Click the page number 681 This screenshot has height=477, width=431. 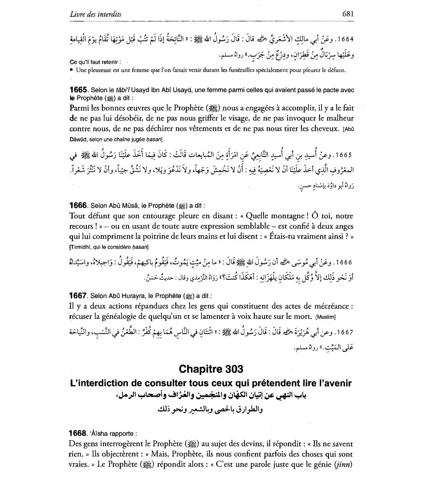pyautogui.click(x=348, y=14)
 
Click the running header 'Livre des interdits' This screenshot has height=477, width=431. pyautogui.click(x=96, y=14)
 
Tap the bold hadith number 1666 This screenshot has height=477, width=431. pyautogui.click(x=78, y=206)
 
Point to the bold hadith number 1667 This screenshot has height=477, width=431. pyautogui.click(x=78, y=296)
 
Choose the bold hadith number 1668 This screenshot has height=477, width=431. pyautogui.click(x=78, y=433)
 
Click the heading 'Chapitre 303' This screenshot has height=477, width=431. pyautogui.click(x=211, y=369)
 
